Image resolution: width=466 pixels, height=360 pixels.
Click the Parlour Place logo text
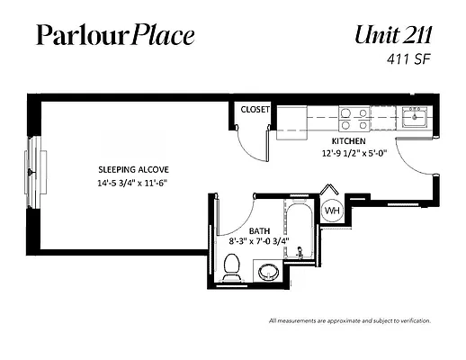(115, 35)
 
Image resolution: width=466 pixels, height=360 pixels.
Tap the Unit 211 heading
(393, 35)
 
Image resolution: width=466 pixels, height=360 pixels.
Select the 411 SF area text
(408, 59)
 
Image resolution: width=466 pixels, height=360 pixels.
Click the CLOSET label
(255, 110)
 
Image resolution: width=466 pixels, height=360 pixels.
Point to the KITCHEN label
(348, 141)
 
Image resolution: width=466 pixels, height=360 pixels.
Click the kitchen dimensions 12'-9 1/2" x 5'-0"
(354, 153)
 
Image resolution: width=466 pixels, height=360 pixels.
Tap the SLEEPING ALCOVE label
(133, 170)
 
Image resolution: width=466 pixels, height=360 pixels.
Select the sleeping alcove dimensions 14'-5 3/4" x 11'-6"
(132, 183)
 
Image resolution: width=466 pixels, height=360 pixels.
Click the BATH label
(259, 231)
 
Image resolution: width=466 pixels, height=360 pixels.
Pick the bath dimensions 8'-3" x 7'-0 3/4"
(259, 241)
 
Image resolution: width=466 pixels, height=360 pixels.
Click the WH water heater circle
(332, 211)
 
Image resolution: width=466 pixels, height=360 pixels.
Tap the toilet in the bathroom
(232, 267)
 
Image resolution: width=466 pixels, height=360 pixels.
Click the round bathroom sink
(269, 273)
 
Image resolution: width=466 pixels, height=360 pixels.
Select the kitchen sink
(415, 117)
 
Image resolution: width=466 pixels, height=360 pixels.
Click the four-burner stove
(354, 119)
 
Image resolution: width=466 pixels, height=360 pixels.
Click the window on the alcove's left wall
(35, 173)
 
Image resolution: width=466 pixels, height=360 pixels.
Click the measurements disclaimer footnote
(350, 321)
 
